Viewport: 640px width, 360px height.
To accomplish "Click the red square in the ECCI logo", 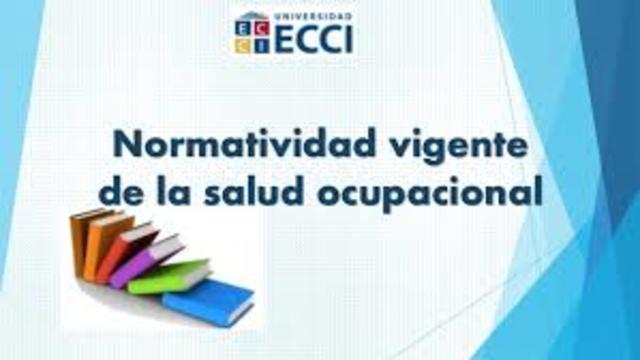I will click(254, 30).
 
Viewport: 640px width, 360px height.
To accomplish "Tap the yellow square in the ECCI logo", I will click(241, 43).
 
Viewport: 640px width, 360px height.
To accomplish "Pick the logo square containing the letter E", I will click(241, 30).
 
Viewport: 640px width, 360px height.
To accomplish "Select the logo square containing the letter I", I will click(254, 43).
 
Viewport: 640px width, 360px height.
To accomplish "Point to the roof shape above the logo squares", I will click(247, 18).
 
